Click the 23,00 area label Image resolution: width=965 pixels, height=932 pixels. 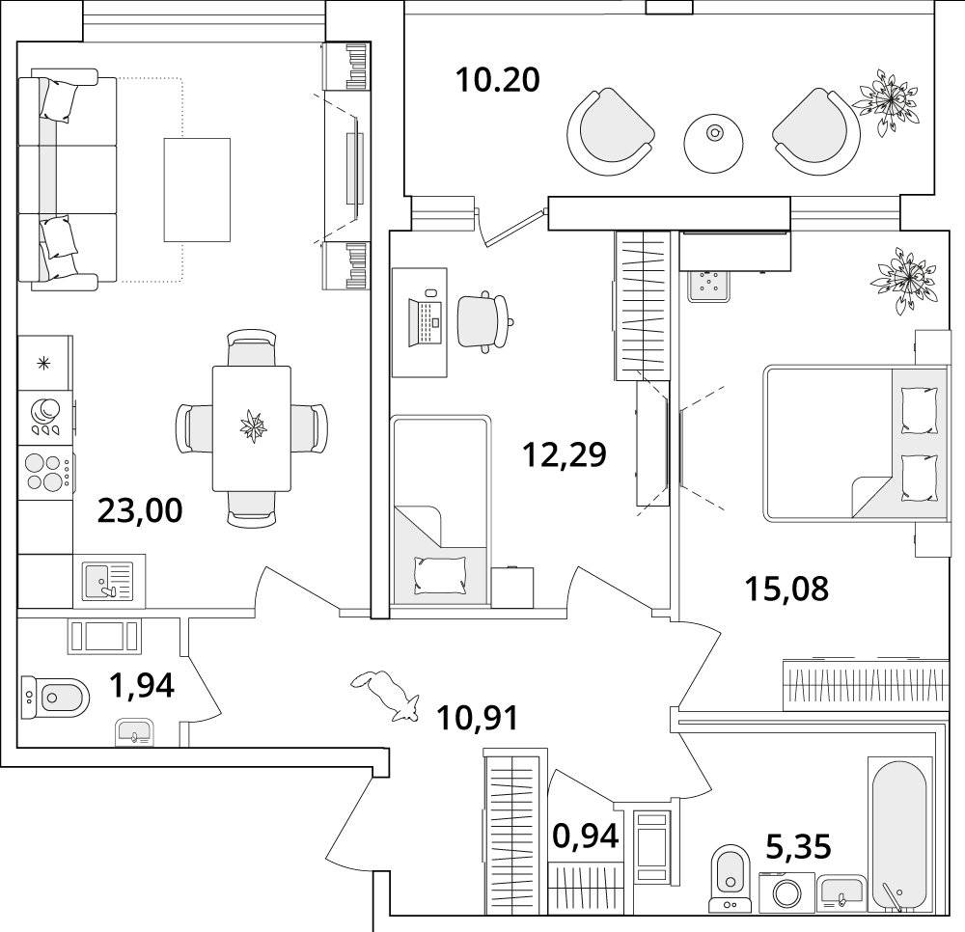pyautogui.click(x=140, y=510)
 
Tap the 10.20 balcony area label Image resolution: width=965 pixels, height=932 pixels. pyautogui.click(x=497, y=80)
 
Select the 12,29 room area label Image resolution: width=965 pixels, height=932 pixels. pyautogui.click(x=565, y=454)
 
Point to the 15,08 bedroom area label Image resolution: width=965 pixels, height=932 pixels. pyautogui.click(x=786, y=589)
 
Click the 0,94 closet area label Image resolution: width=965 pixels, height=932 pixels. pyautogui.click(x=586, y=836)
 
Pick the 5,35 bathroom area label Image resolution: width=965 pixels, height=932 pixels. pyautogui.click(x=798, y=846)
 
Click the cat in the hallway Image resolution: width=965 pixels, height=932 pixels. pyautogui.click(x=385, y=695)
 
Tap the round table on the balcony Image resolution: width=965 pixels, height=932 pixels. pyautogui.click(x=713, y=144)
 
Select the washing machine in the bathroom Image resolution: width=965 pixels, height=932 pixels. pyautogui.click(x=786, y=892)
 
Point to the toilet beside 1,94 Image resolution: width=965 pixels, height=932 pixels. pyautogui.click(x=55, y=697)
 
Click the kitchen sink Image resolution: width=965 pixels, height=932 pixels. pyautogui.click(x=109, y=582)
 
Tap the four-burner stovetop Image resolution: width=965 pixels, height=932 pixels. pyautogui.click(x=46, y=473)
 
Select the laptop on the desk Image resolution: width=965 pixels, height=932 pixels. pyautogui.click(x=425, y=320)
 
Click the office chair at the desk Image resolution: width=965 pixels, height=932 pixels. pyautogui.click(x=484, y=321)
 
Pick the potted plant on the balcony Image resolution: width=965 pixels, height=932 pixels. pyautogui.click(x=887, y=100)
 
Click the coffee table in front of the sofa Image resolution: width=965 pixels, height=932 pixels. pyautogui.click(x=197, y=189)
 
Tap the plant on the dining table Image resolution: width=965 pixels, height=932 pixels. pyautogui.click(x=252, y=426)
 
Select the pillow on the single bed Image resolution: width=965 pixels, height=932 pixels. pyautogui.click(x=439, y=575)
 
